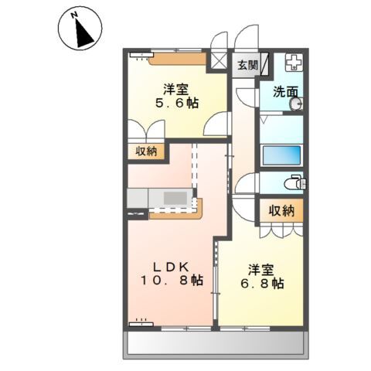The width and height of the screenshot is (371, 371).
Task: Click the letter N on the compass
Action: (74, 15)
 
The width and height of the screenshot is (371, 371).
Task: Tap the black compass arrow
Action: (83, 33)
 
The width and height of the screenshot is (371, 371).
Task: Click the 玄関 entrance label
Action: (247, 65)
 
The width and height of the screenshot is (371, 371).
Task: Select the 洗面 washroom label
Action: (285, 92)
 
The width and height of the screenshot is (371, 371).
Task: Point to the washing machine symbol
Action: (294, 63)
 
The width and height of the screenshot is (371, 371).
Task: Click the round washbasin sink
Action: (296, 104)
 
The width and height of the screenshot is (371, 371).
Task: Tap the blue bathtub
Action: (281, 155)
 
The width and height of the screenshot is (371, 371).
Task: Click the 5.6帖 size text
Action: (176, 104)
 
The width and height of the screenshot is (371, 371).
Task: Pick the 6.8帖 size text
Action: (262, 284)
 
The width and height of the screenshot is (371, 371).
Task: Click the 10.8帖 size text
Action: (172, 280)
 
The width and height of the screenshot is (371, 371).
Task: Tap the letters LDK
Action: (172, 267)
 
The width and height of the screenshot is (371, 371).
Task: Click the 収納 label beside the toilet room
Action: (281, 211)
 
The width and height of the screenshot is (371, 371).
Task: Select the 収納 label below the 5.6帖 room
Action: (146, 151)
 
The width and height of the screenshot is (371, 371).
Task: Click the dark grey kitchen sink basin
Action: (175, 198)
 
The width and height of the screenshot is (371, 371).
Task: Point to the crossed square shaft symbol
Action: (219, 61)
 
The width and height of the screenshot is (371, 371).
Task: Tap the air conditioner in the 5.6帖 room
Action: (141, 55)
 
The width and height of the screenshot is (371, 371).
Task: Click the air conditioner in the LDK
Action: (141, 324)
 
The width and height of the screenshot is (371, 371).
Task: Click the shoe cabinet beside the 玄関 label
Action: (264, 64)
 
